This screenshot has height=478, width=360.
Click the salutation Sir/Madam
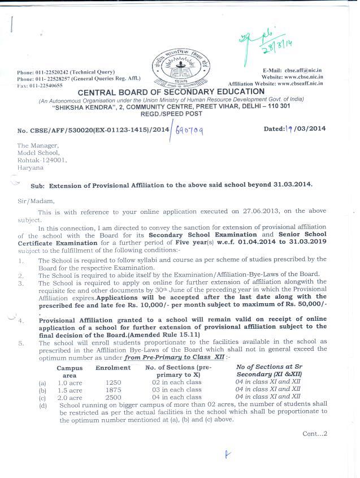(32, 200)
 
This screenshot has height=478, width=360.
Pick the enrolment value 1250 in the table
(113, 382)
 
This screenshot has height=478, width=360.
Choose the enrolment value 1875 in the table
(113, 390)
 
